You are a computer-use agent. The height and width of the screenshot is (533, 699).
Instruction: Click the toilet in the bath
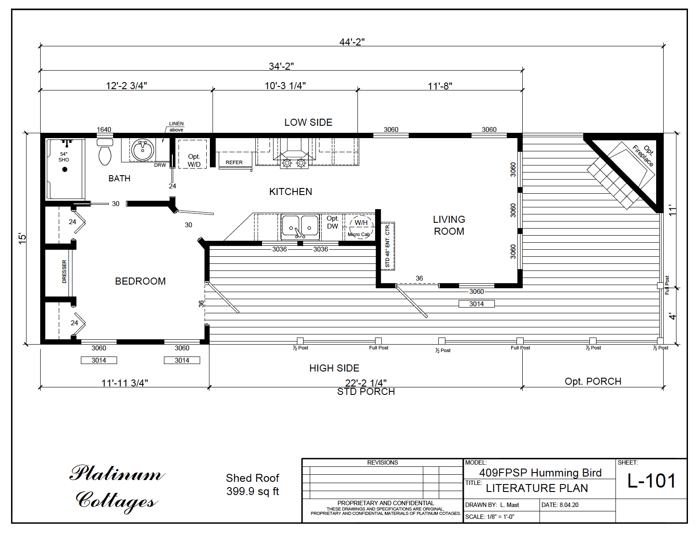(x=105, y=153)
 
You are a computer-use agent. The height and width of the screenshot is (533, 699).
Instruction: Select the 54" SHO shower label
(x=64, y=157)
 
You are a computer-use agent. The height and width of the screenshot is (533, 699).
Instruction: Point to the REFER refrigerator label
(x=234, y=162)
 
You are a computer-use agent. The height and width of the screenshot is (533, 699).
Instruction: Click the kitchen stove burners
(x=294, y=164)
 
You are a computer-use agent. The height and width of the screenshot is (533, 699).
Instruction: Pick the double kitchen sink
(x=300, y=227)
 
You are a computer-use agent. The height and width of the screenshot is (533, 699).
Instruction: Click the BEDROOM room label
(x=140, y=281)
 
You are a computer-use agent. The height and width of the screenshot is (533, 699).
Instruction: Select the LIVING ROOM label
(x=449, y=225)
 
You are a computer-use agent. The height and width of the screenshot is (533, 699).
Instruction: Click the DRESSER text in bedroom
(x=65, y=271)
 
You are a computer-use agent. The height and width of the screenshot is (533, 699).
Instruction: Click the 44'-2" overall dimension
(x=352, y=42)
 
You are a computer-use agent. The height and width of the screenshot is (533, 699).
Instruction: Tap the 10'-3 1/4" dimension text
(x=285, y=86)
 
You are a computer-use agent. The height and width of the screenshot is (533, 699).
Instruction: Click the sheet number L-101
(x=651, y=481)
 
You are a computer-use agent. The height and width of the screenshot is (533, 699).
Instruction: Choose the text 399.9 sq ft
(x=252, y=492)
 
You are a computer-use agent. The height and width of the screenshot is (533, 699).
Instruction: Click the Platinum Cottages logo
(x=117, y=488)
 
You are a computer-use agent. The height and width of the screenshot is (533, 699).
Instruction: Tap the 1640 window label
(x=104, y=129)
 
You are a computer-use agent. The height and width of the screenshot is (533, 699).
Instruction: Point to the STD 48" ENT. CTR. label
(x=387, y=246)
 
